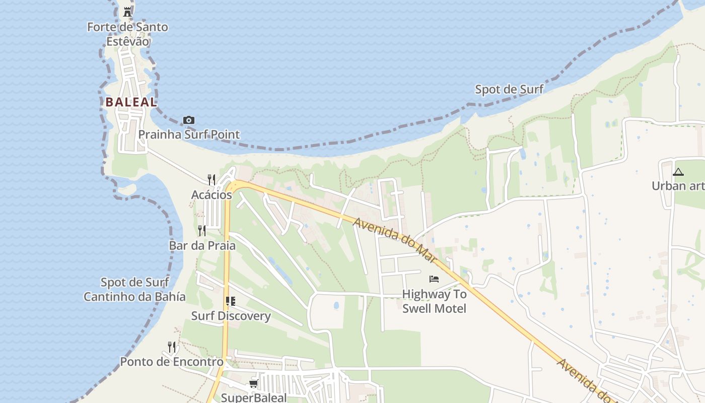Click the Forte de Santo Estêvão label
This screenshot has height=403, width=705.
tap(127, 34)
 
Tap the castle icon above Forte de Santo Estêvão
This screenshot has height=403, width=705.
tap(127, 12)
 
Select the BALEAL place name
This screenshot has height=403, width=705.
tap(131, 102)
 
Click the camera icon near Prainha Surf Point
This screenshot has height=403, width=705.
tap(189, 120)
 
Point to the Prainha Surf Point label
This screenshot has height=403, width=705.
tap(189, 135)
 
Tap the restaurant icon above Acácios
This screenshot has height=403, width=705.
tap(211, 179)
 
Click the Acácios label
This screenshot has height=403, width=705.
tap(211, 194)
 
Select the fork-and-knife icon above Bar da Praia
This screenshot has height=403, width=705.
tap(202, 231)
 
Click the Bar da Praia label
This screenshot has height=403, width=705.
tap(202, 246)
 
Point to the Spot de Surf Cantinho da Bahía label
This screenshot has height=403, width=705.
tap(134, 289)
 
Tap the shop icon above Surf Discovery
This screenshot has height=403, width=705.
tap(231, 301)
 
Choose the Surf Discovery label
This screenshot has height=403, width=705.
tap(231, 316)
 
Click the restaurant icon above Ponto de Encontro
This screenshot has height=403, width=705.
tap(172, 347)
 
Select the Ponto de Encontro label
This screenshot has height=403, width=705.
tap(172, 362)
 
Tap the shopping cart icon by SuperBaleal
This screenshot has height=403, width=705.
tap(253, 384)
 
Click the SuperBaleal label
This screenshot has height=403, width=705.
tap(254, 397)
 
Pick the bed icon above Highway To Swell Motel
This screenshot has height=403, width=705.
tap(434, 279)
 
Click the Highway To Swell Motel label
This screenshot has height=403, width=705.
tap(434, 301)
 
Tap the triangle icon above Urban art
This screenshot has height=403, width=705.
tap(678, 172)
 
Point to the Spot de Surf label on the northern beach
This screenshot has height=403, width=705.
tap(509, 90)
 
